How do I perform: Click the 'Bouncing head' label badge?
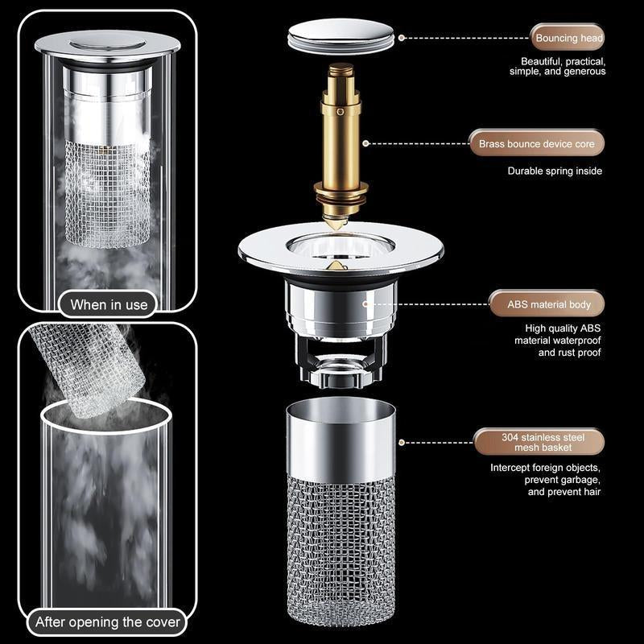(x=567, y=38)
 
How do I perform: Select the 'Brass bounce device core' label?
(x=536, y=144)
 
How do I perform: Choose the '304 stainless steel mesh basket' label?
(x=537, y=442)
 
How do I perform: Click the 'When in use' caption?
(x=109, y=304)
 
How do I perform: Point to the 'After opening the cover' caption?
(x=108, y=622)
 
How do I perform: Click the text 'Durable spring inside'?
(x=554, y=171)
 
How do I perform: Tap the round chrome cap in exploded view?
(x=341, y=37)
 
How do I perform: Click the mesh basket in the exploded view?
(x=341, y=547)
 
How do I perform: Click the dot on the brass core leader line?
(x=366, y=144)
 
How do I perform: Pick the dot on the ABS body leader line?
(x=366, y=304)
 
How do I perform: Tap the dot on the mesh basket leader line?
(x=402, y=442)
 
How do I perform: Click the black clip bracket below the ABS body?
(x=341, y=358)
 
